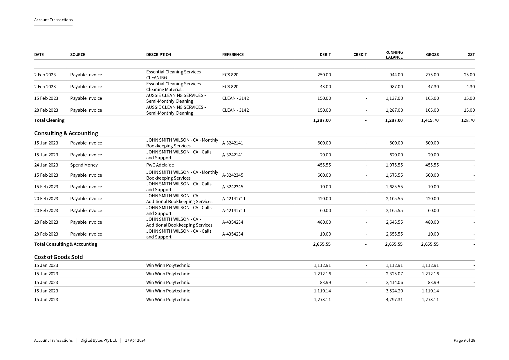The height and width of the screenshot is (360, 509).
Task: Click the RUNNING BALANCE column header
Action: point(394,55)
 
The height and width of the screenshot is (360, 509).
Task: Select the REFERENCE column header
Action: point(233,55)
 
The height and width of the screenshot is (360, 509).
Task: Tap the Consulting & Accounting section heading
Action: point(66,133)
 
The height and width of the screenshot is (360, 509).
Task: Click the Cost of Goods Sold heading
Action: point(58,257)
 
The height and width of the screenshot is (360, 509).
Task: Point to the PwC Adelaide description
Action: point(160,165)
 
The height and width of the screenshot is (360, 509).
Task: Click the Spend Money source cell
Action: point(84,165)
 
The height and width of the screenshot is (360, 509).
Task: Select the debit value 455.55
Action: point(324,165)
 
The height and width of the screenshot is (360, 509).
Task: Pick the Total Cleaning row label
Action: point(49,120)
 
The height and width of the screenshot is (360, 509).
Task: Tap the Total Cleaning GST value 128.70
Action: point(468,120)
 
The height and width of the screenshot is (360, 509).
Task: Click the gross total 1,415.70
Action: point(430,120)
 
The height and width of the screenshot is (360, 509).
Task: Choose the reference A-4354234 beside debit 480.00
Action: point(233,222)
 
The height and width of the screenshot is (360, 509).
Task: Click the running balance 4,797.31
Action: point(394,299)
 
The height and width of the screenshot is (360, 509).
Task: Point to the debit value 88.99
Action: point(325,282)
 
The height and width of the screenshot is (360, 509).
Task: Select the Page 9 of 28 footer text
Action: point(464,340)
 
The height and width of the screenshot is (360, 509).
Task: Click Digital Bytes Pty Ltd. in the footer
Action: point(99,340)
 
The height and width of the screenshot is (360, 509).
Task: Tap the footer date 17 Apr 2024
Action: point(135,340)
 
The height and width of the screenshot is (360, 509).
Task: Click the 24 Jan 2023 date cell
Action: point(46,165)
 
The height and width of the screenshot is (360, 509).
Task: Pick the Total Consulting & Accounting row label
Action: point(66,244)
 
